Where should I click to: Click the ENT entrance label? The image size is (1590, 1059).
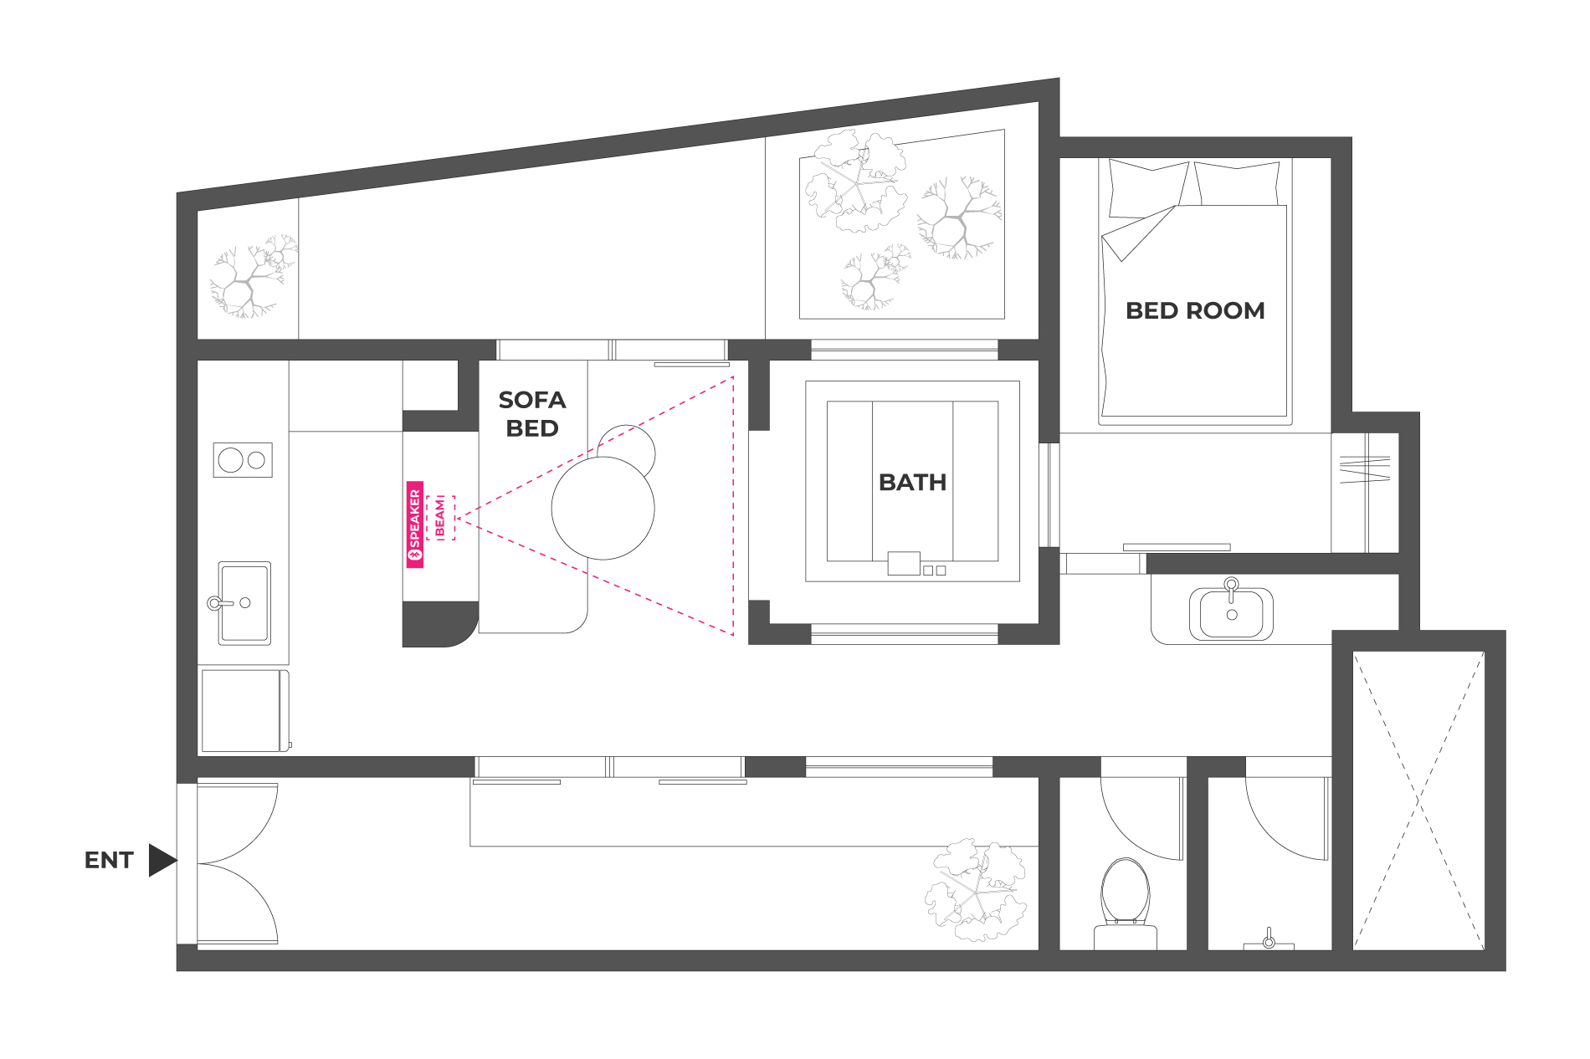click(109, 860)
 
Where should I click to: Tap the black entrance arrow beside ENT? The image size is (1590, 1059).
click(162, 860)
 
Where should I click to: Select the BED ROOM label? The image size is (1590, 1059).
click(1195, 310)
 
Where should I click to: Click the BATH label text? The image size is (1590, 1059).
click(912, 483)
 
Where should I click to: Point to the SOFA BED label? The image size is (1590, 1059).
click(532, 414)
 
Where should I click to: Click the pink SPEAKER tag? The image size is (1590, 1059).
click(415, 524)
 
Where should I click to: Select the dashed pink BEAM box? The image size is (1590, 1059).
click(440, 518)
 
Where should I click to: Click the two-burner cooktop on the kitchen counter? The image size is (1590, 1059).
click(243, 459)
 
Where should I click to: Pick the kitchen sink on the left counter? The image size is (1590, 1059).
click(244, 603)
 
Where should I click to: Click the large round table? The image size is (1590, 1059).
click(603, 508)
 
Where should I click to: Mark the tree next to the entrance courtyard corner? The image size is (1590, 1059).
click(976, 891)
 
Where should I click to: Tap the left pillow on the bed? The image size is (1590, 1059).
click(1147, 189)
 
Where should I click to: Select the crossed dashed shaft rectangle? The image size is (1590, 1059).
click(1418, 801)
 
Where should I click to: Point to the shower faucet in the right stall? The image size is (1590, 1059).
click(1269, 939)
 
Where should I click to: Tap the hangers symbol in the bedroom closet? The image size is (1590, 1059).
click(1365, 469)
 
